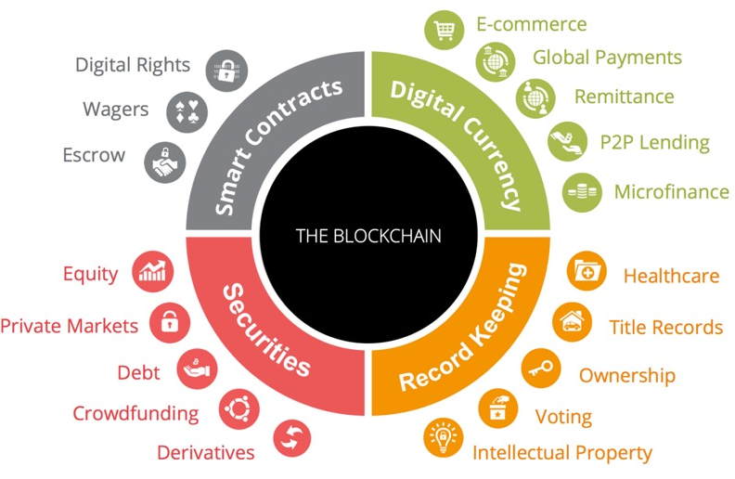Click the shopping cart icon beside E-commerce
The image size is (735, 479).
444,30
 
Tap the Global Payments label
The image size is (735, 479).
607,58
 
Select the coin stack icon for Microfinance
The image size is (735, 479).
582,192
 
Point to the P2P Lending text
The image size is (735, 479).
655,142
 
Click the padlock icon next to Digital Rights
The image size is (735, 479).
226,71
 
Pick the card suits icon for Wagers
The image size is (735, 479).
187,112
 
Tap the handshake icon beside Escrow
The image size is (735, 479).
165,162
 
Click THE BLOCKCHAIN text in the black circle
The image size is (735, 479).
368,236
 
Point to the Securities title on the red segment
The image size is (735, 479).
264,329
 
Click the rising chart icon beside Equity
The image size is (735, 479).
153,272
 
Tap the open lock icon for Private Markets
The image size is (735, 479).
170,323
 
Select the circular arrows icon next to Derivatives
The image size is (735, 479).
291,438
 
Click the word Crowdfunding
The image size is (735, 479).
135,414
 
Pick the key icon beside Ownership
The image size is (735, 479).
541,369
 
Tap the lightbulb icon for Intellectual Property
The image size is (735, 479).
443,438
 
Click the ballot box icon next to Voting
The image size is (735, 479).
497,408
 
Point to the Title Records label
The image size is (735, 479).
665,327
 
